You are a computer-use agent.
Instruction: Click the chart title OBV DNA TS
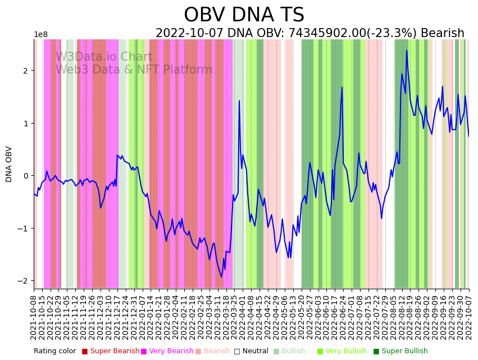click(244, 15)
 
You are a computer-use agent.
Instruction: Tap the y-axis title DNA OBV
click(9, 164)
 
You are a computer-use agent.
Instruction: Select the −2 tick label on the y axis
click(24, 281)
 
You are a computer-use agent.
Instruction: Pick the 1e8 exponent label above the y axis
click(40, 35)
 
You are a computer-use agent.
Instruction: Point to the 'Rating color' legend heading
click(54, 352)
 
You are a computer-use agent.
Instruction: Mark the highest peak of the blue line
click(407, 51)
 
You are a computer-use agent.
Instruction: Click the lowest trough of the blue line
click(221, 277)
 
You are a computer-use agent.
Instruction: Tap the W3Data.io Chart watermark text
click(104, 57)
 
